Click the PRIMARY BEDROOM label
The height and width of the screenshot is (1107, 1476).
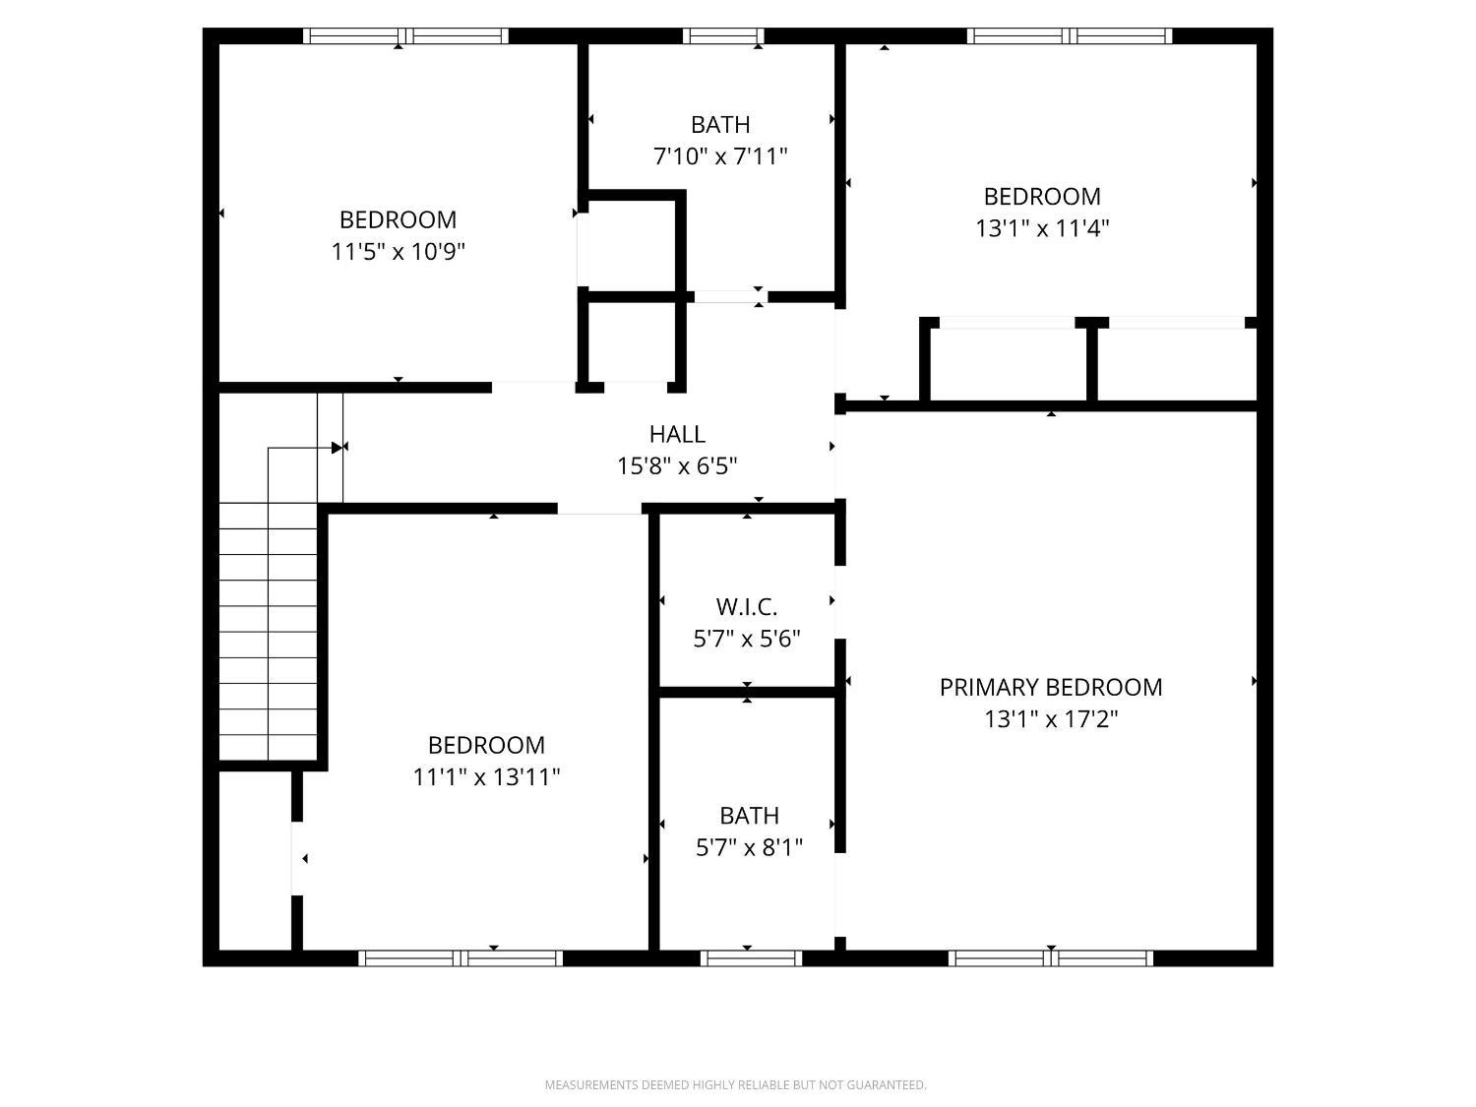[1050, 688]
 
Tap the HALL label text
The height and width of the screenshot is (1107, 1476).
[677, 434]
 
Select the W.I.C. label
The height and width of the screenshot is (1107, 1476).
[747, 607]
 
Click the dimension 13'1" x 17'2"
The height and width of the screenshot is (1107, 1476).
[1051, 719]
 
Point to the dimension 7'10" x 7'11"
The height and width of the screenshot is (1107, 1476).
[720, 156]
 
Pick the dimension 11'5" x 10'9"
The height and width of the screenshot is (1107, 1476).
[399, 252]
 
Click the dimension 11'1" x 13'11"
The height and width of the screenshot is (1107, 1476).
[486, 777]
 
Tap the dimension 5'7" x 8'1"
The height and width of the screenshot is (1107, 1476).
[749, 847]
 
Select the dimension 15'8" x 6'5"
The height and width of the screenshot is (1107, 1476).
[677, 465]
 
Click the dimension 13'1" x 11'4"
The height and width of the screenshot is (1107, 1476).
[1042, 228]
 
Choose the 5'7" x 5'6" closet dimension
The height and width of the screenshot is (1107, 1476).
[747, 639]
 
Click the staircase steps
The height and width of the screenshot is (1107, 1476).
[269, 632]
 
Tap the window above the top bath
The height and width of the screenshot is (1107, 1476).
[723, 35]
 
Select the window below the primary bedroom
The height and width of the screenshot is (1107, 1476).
[1051, 957]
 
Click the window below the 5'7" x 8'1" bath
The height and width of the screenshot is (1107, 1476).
[751, 957]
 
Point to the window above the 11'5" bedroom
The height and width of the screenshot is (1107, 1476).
[405, 35]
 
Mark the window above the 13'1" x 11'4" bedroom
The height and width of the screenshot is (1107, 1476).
[1070, 35]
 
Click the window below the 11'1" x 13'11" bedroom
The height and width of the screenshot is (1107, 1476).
[461, 957]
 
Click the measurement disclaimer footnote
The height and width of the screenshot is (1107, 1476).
[736, 1084]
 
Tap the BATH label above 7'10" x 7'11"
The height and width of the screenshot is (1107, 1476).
[720, 125]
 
